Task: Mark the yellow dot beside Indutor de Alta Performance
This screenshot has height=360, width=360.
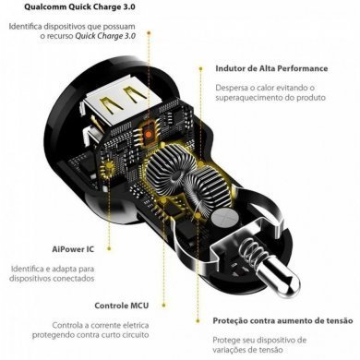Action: pos(204,68)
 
